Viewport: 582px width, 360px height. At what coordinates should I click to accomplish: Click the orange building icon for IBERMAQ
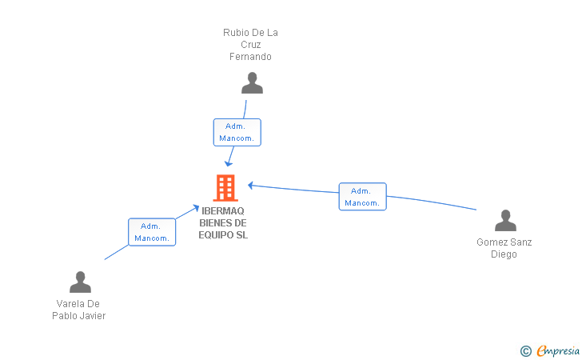[225, 188]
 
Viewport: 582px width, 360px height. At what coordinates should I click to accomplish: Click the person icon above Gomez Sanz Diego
[505, 221]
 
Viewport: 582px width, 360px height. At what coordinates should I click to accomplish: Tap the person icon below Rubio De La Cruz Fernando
[252, 83]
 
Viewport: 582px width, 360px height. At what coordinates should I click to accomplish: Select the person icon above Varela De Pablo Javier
[80, 282]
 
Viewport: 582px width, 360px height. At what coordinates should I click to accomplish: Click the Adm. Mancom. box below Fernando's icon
[237, 132]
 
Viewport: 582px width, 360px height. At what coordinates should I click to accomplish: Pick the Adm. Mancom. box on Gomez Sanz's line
[362, 197]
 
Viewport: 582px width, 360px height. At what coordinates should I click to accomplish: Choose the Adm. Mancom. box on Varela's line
[152, 232]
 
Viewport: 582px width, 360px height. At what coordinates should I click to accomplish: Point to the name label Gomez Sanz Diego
[504, 248]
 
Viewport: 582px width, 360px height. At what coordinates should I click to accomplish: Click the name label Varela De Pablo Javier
[79, 310]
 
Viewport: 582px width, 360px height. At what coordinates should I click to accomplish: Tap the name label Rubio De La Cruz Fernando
[250, 45]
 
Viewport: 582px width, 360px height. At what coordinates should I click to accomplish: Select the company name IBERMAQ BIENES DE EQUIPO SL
[223, 223]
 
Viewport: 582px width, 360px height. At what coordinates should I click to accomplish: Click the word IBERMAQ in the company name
[223, 212]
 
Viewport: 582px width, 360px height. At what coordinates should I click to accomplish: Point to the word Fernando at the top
[250, 57]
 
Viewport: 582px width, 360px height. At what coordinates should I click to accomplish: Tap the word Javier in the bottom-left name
[92, 315]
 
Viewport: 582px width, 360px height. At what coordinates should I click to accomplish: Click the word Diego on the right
[504, 254]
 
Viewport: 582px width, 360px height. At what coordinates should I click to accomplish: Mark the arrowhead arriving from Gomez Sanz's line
[250, 186]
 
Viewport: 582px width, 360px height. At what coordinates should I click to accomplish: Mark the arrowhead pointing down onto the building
[229, 163]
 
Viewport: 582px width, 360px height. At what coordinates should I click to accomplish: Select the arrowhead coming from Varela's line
[196, 208]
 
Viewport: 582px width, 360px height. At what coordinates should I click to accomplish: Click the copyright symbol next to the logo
[525, 350]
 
